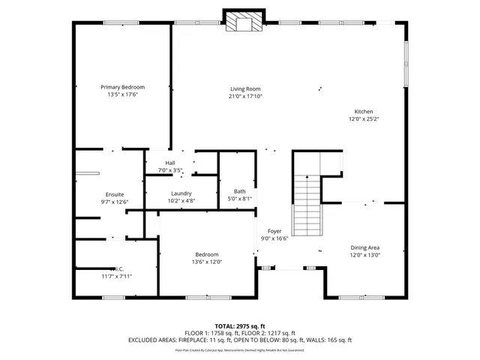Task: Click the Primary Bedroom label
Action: [x=123, y=87]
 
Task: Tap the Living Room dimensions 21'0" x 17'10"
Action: [x=245, y=96]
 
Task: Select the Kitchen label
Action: [x=364, y=112]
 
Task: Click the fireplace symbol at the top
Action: [x=244, y=22]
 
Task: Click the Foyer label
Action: [x=274, y=231]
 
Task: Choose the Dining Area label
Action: [x=365, y=247]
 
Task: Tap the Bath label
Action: [x=239, y=191]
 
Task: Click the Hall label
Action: [x=170, y=163]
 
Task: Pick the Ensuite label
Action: [x=115, y=194]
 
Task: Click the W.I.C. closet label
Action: [x=116, y=269]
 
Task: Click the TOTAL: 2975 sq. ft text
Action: [x=240, y=326]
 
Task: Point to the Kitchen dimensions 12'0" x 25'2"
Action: [x=364, y=118]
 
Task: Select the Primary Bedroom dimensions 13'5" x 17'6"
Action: [x=123, y=94]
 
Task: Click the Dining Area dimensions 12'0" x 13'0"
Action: [x=365, y=255]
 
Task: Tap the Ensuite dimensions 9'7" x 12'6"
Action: [x=115, y=202]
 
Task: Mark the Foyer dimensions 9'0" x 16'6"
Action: [x=274, y=238]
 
